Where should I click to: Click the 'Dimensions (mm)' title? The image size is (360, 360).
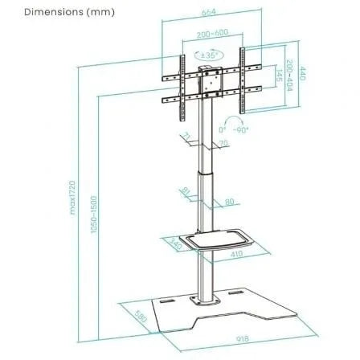click(58, 12)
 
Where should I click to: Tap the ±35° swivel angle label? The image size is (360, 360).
click(211, 55)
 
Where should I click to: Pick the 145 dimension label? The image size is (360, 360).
click(276, 77)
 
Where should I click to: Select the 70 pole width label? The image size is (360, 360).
click(223, 144)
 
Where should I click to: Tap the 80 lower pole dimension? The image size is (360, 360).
click(229, 202)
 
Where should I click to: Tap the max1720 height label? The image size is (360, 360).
click(72, 197)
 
